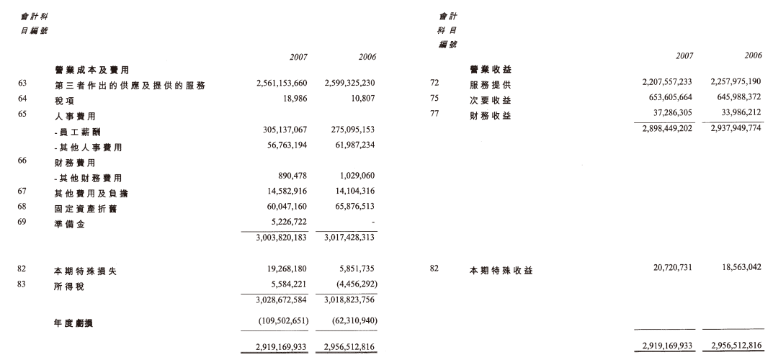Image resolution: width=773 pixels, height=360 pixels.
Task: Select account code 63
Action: click(22, 84)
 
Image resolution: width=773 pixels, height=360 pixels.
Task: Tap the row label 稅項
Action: click(64, 101)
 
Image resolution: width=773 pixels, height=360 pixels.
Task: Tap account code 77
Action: click(434, 114)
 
